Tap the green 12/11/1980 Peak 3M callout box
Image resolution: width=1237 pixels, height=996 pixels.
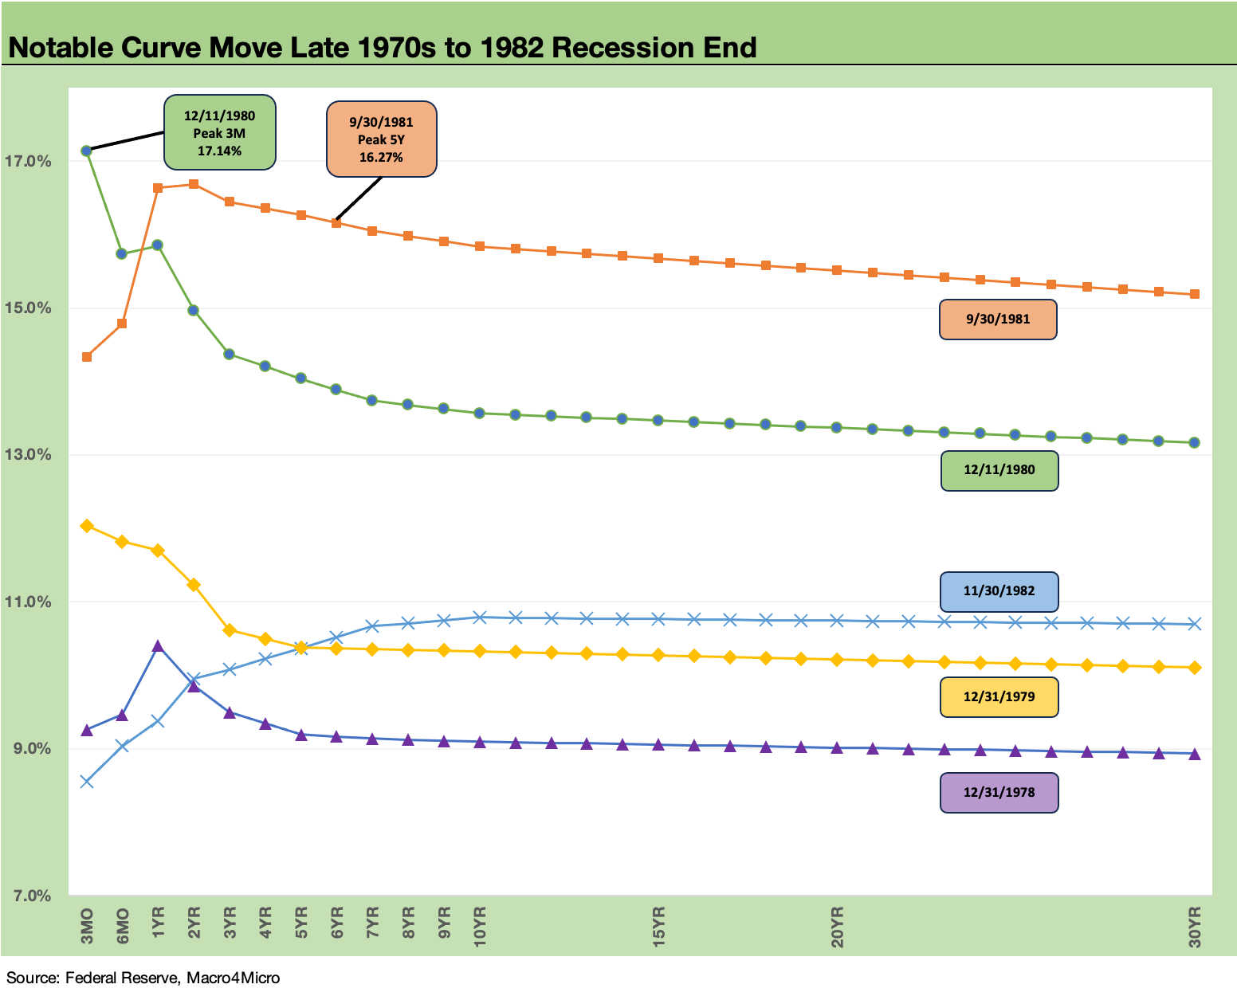click(219, 133)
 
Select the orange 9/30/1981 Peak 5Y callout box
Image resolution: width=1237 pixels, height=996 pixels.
click(381, 139)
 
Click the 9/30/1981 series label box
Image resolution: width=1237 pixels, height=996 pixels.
click(998, 320)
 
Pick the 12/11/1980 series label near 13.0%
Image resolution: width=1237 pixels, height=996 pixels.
click(999, 470)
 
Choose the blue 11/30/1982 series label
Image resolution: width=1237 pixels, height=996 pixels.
click(999, 591)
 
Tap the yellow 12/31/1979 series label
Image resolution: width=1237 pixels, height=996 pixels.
click(999, 697)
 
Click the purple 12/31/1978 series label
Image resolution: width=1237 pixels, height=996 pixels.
click(999, 793)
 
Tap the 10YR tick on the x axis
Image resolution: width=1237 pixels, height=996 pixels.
click(480, 927)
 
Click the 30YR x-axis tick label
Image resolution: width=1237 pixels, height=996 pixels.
click(1195, 927)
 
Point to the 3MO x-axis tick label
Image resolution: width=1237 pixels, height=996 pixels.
click(87, 926)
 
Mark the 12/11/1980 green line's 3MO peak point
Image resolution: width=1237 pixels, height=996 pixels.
click(86, 151)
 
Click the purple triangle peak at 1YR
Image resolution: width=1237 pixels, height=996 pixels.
click(158, 645)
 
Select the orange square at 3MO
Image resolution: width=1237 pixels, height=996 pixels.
click(86, 357)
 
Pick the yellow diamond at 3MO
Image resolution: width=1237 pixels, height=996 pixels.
click(86, 526)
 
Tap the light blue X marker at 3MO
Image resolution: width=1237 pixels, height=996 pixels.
click(86, 782)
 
